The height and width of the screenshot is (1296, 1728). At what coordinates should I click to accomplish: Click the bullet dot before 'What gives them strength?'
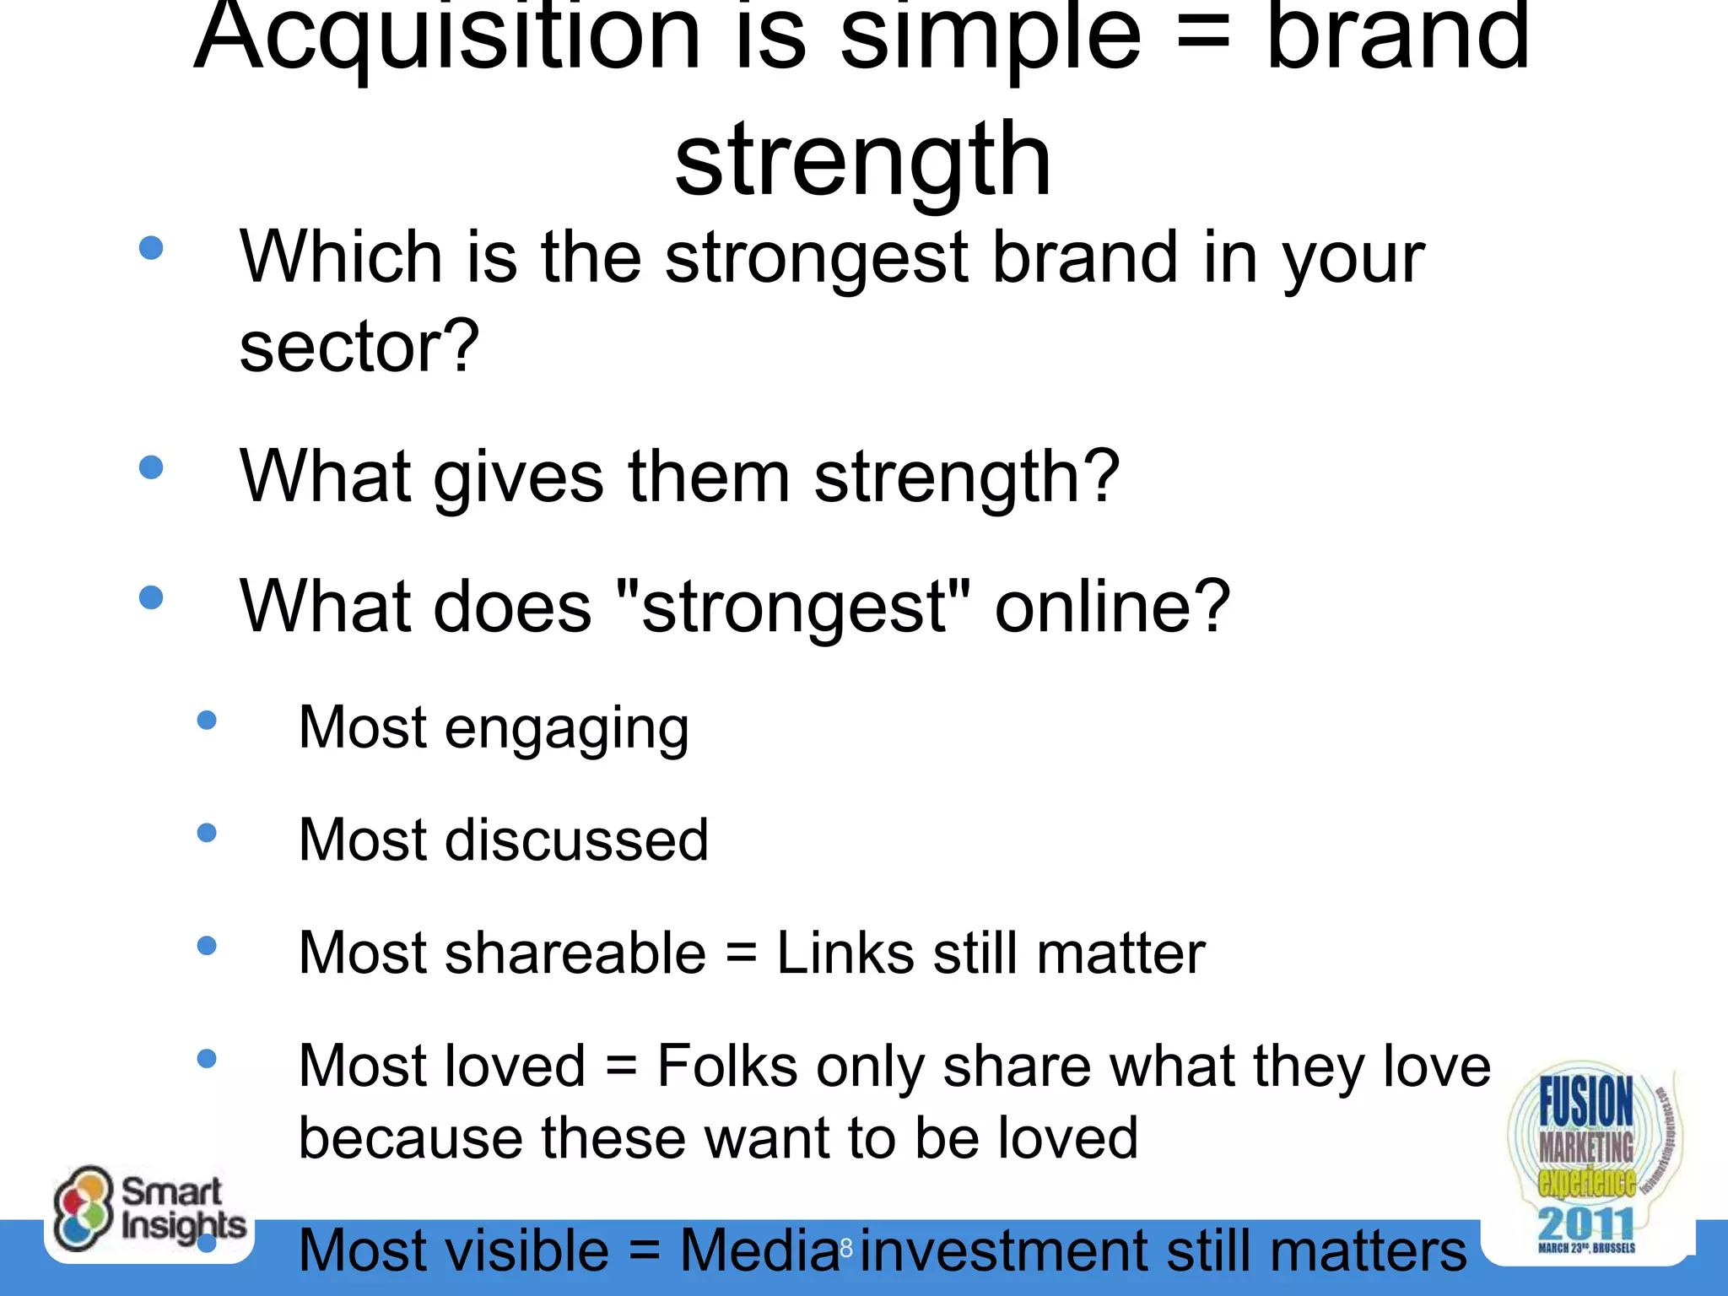(x=151, y=467)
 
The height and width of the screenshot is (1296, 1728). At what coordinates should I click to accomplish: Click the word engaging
(x=566, y=729)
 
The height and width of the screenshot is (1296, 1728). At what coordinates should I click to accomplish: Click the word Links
(x=845, y=953)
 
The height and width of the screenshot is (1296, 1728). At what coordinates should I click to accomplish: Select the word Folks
(x=726, y=1066)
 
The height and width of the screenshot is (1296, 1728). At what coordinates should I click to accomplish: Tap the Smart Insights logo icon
(x=82, y=1208)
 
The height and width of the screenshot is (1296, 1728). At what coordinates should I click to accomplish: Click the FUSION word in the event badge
(x=1585, y=1100)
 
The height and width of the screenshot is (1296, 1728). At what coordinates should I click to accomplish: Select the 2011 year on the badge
(x=1585, y=1223)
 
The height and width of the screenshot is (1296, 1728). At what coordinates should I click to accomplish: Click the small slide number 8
(x=846, y=1247)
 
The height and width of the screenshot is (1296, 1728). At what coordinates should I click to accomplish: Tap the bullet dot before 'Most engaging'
(x=207, y=721)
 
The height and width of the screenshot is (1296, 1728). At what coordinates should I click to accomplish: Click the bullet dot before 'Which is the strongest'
(x=151, y=248)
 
